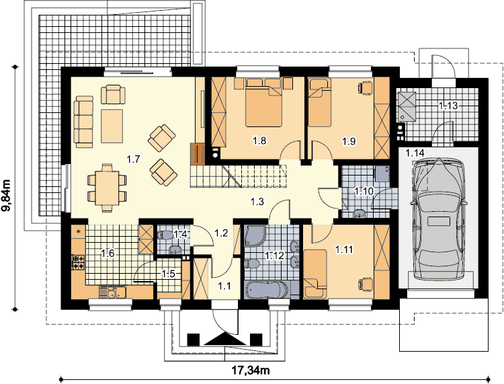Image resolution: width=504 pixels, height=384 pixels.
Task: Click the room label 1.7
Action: pyautogui.click(x=133, y=159)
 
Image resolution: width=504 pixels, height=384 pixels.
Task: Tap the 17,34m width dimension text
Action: pyautogui.click(x=251, y=371)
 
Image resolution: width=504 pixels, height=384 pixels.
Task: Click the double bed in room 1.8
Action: pyautogui.click(x=264, y=102)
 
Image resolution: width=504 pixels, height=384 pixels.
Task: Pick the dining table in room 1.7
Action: pyautogui.click(x=107, y=188)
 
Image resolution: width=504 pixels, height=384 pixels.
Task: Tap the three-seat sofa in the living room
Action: pyautogui.click(x=83, y=122)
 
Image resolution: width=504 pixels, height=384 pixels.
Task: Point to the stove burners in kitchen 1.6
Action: pyautogui.click(x=78, y=262)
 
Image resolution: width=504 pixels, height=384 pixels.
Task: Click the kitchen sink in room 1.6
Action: pyautogui.click(x=112, y=292)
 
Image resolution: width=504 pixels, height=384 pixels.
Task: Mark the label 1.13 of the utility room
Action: pyautogui.click(x=448, y=106)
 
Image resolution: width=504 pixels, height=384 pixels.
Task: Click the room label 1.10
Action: pyautogui.click(x=364, y=192)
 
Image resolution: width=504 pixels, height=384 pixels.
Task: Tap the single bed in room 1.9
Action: pyautogui.click(x=319, y=102)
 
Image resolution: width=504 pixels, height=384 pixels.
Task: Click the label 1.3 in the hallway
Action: pyautogui.click(x=257, y=202)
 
